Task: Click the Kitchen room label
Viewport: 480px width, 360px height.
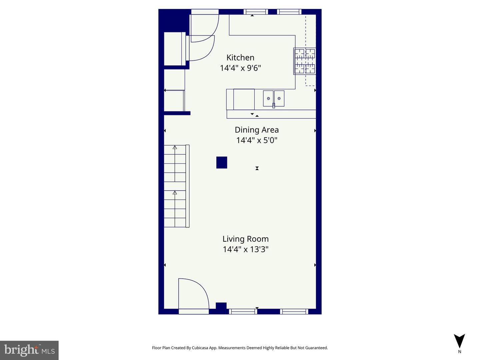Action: [240, 58]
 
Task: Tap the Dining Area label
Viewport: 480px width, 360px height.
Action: [257, 130]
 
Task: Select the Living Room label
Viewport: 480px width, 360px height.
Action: [246, 239]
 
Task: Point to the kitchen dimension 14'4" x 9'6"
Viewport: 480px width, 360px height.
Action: [240, 68]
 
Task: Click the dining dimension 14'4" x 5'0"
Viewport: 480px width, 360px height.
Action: [257, 140]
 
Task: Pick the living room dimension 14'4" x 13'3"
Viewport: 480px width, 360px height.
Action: [246, 249]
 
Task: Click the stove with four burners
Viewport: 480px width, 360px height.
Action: [305, 61]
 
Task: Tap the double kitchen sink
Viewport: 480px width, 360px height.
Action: [274, 99]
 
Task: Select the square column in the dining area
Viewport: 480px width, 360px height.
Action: [222, 163]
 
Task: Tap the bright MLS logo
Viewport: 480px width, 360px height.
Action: [29, 350]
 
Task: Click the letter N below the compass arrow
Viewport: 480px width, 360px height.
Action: [460, 352]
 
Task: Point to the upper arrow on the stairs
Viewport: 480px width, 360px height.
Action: [175, 147]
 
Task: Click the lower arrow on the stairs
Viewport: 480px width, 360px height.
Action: [175, 193]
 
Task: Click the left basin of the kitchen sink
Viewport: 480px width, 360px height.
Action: [268, 99]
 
